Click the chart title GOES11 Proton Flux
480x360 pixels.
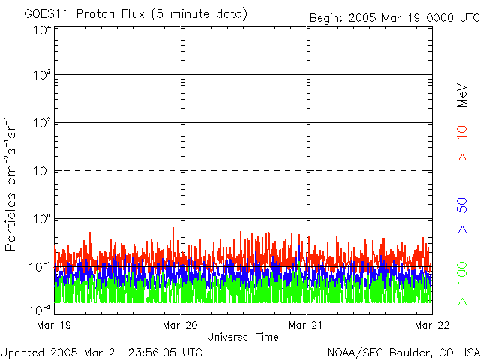[x=136, y=14]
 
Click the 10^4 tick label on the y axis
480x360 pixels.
[x=41, y=30]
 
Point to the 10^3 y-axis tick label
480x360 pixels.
[x=41, y=76]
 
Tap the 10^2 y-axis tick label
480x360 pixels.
[x=41, y=124]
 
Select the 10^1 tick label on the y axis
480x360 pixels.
[x=41, y=172]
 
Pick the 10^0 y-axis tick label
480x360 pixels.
[x=41, y=220]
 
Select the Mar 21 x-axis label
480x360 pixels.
[x=306, y=325]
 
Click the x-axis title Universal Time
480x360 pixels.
[x=243, y=337]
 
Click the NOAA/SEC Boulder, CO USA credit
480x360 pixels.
[x=403, y=352]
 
